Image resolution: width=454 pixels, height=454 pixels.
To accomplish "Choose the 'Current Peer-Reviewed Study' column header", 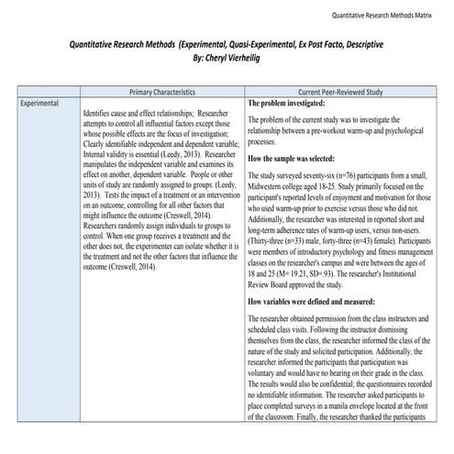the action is coord(349,93).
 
